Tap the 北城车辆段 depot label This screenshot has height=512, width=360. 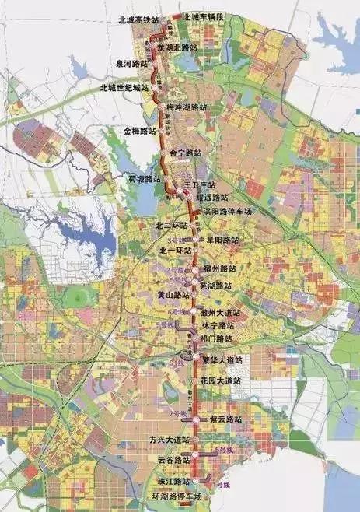(x=204, y=16)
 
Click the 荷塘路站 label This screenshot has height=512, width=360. (x=145, y=179)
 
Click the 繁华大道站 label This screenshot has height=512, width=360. (x=222, y=360)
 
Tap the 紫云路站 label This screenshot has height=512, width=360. (x=226, y=419)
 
